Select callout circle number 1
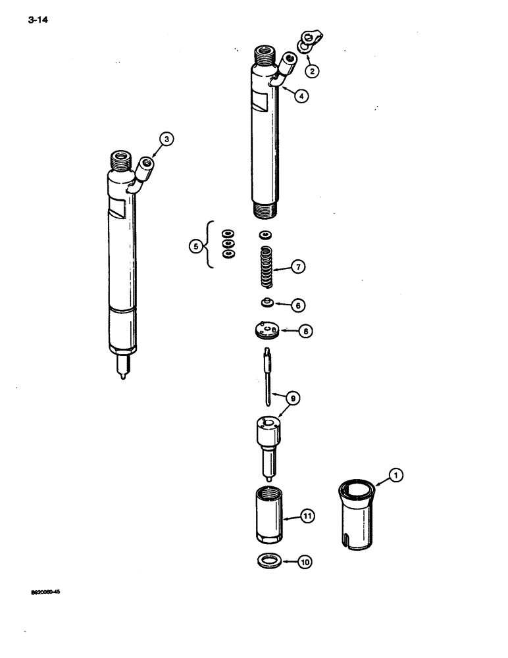396,473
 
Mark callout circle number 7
299,267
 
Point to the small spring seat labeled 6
267,303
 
